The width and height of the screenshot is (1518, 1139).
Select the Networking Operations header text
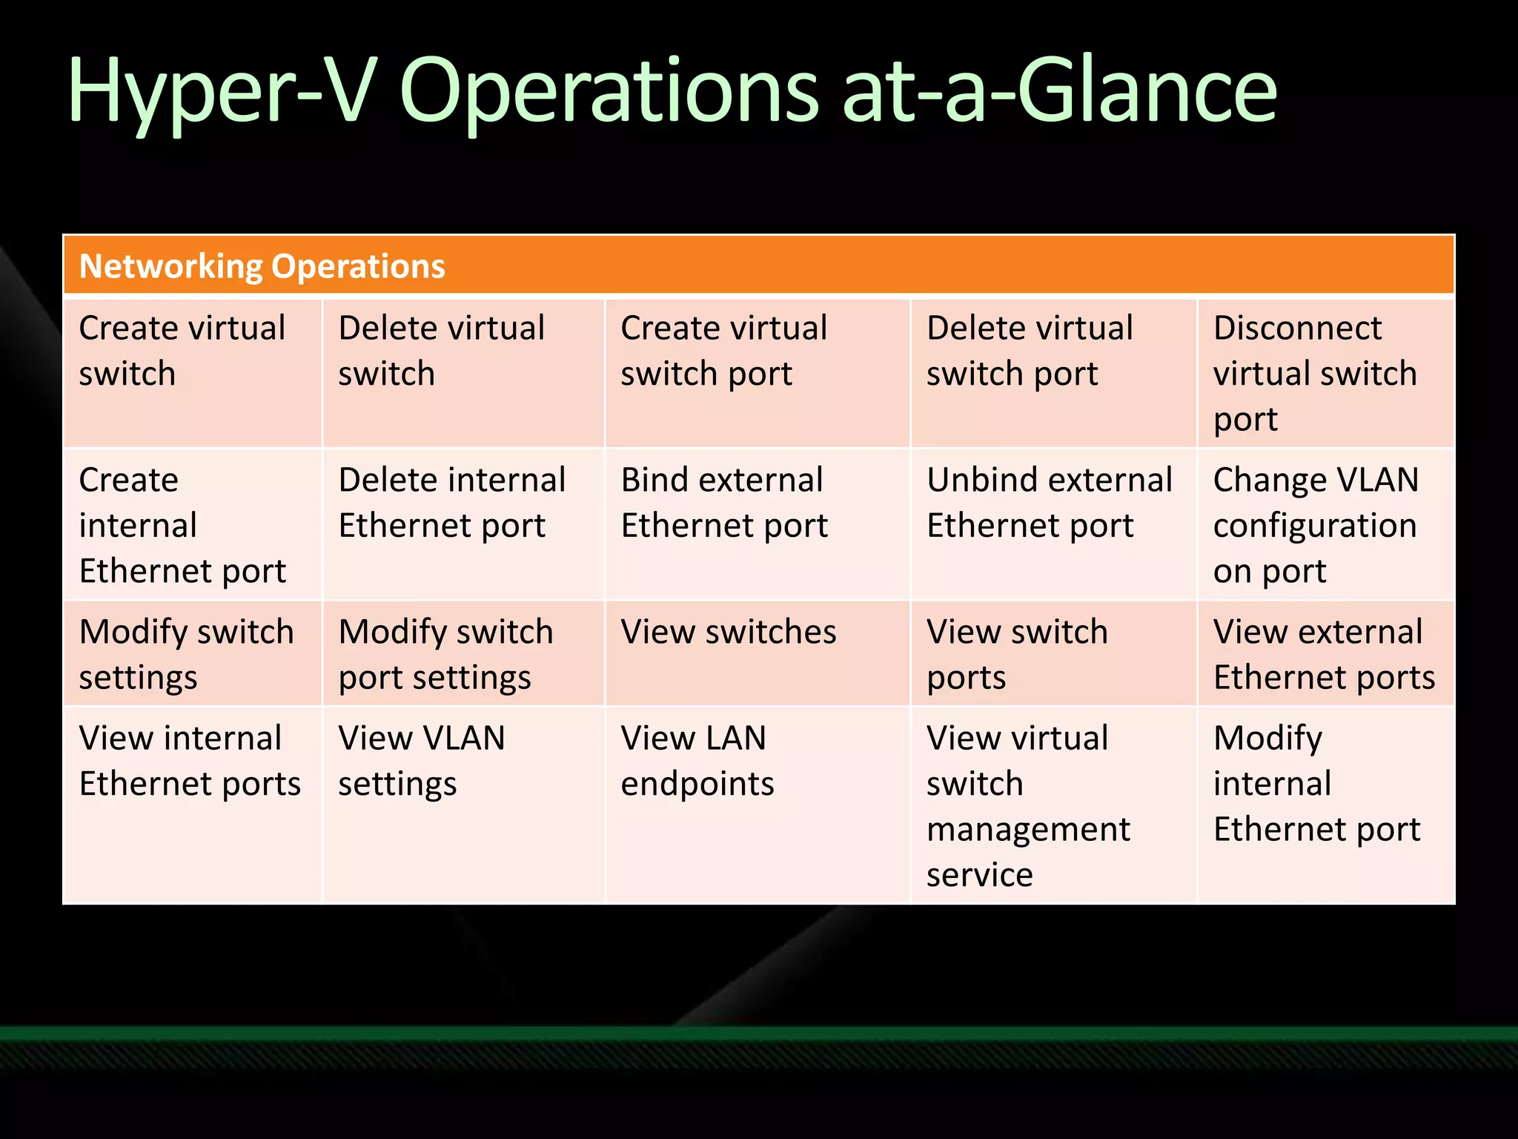262,266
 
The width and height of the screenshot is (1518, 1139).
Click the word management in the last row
1028,830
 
